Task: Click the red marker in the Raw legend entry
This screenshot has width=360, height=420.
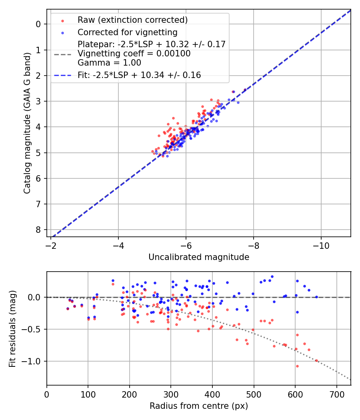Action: click(x=62, y=20)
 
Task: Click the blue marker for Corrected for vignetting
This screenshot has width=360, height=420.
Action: click(x=62, y=32)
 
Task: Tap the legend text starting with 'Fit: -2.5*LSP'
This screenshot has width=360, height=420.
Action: click(x=139, y=75)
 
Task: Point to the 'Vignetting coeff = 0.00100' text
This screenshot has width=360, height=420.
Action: click(x=134, y=54)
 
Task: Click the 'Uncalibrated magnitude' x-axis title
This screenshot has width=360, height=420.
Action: click(x=199, y=257)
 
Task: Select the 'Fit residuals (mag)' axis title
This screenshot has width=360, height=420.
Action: click(x=12, y=328)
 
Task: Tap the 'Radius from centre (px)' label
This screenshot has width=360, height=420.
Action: click(x=199, y=406)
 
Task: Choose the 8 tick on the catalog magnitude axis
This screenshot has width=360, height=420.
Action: click(x=38, y=230)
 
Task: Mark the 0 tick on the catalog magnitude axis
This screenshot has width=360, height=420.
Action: click(x=38, y=24)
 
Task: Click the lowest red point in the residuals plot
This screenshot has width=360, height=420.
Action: click(x=297, y=366)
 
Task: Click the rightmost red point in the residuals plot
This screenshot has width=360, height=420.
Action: click(x=316, y=360)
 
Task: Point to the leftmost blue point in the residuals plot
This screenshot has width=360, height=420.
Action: click(x=68, y=308)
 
